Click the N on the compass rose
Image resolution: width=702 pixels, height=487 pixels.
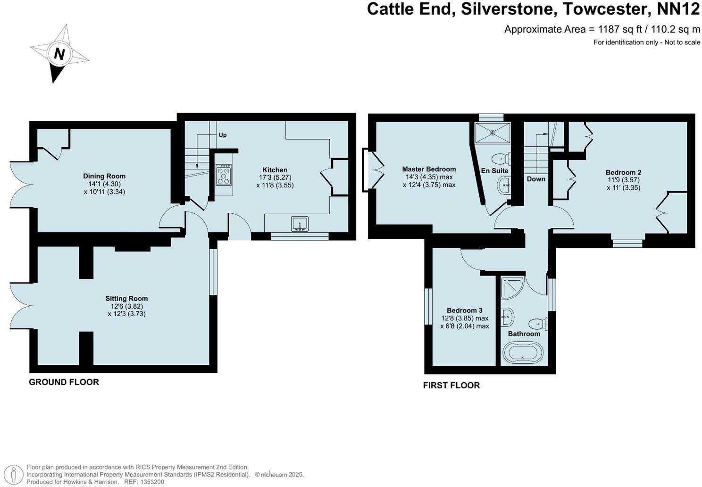point(59,54)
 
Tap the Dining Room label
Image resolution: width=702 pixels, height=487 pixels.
point(104,176)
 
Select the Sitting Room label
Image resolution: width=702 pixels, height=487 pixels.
point(126,298)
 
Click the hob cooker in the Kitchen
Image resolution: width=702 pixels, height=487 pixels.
point(224,175)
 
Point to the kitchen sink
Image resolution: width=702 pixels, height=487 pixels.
point(300,224)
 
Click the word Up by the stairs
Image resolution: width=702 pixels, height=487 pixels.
point(223,135)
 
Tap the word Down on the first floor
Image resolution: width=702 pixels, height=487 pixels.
point(536,179)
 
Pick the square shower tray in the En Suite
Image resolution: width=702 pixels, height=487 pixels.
point(493,133)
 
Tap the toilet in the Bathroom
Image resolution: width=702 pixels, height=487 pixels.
point(537,324)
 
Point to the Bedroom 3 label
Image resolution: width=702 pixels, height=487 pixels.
point(464,310)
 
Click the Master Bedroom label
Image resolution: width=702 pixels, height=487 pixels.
point(429,169)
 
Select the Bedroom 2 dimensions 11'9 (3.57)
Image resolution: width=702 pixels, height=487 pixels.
point(623,180)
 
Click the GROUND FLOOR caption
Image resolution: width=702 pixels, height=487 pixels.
point(64,382)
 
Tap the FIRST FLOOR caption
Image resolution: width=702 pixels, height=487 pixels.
point(451,386)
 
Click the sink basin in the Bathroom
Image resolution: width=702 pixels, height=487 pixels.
point(507,317)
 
